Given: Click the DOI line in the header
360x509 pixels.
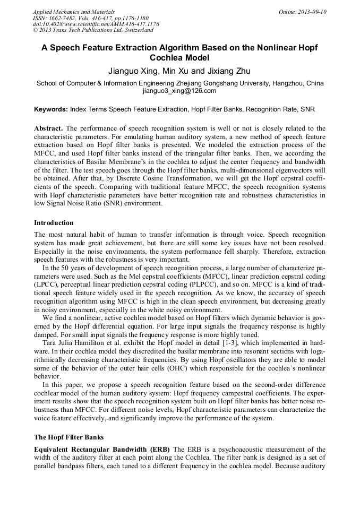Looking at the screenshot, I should pyautogui.click(x=96, y=24).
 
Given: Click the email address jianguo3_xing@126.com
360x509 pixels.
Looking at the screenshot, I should pyautogui.click(x=179, y=91).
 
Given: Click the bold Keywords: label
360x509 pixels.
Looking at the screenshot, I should pyautogui.click(x=51, y=110).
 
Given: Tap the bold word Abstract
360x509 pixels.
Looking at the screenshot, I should pyautogui.click(x=48, y=129).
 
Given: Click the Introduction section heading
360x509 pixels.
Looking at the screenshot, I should pyautogui.click(x=54, y=222).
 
